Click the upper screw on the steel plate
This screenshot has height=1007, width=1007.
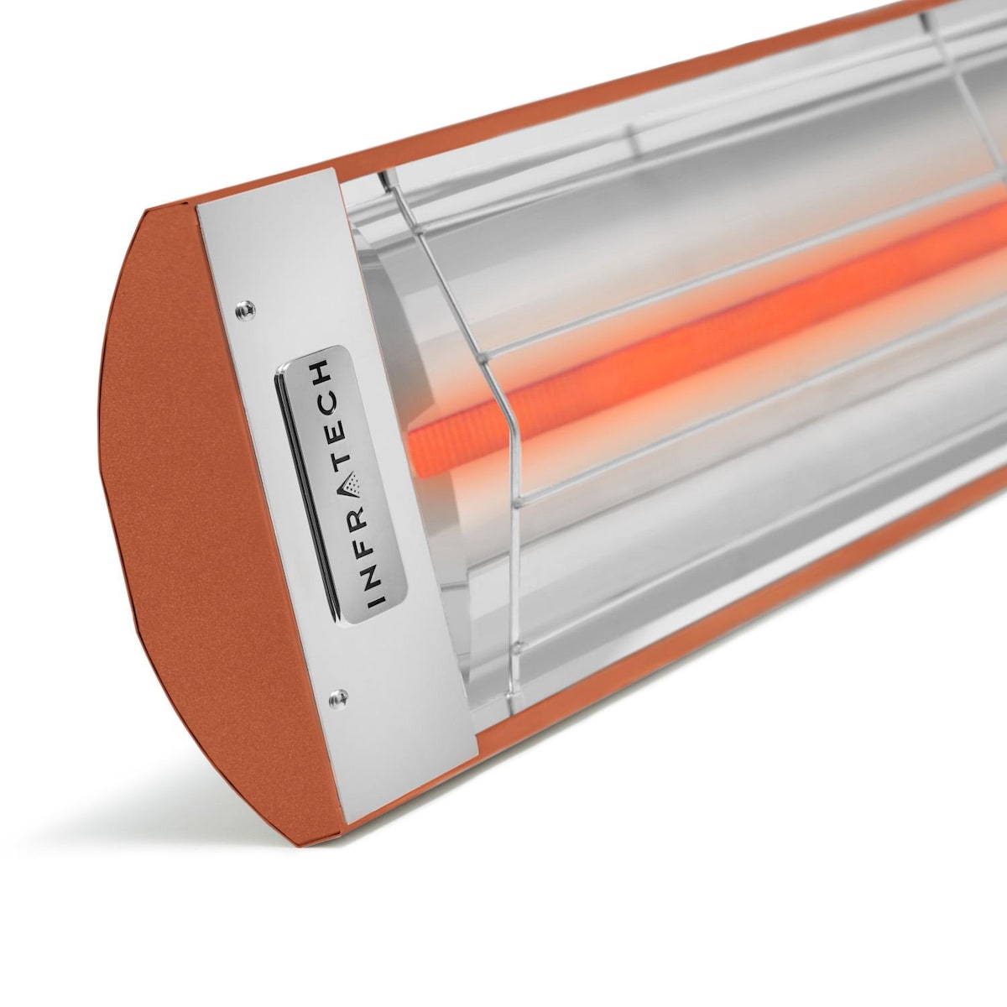pyautogui.click(x=243, y=308)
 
